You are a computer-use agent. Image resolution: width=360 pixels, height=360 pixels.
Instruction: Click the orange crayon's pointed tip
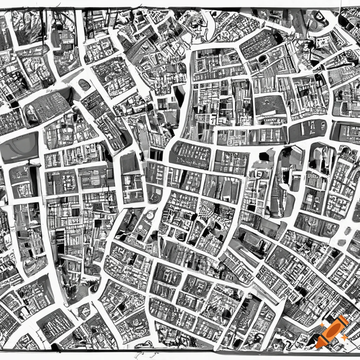pos(317,347)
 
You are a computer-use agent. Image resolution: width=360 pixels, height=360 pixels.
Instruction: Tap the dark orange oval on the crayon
pos(333,330)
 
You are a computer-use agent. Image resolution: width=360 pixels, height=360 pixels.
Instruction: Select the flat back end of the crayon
pos(345,320)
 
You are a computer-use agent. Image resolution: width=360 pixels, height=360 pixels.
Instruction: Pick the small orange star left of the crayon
pos(322,325)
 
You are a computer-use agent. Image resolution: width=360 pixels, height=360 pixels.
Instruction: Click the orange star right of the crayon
pos(345,337)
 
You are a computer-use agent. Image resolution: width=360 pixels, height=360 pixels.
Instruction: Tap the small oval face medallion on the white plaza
pos(84,84)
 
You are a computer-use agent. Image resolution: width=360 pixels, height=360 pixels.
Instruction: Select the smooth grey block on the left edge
pos(19,148)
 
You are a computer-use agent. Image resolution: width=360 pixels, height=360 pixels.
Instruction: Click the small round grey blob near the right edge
pos(341,243)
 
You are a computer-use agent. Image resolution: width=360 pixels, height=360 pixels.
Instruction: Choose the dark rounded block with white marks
pos(308,130)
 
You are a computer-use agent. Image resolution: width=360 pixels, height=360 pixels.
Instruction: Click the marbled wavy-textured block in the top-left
pos(28,27)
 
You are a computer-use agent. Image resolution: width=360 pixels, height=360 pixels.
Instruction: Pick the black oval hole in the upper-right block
pos(262,58)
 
